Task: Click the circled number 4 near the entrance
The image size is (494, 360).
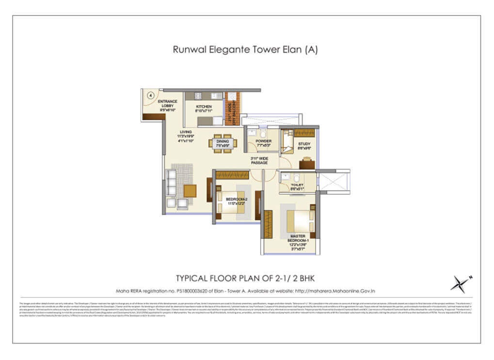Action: pos(150,96)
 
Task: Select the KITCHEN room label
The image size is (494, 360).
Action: pos(204,109)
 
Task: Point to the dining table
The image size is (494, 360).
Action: pos(223,143)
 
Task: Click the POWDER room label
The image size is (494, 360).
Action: pos(263,143)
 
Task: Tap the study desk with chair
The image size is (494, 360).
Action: pos(306,163)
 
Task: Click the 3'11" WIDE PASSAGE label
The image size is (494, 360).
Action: pos(259,161)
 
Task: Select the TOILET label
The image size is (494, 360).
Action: pos(297,187)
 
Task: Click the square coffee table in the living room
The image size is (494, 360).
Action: pos(190,190)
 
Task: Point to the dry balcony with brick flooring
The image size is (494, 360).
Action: pos(232,112)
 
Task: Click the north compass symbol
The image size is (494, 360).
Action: pos(460,284)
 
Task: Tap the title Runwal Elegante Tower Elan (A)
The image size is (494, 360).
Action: pos(245,49)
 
